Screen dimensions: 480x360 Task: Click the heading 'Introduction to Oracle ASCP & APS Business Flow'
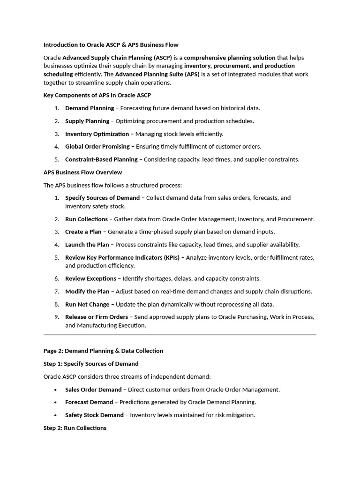click(111, 45)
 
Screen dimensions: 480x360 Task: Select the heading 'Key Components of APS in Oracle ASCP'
click(97, 95)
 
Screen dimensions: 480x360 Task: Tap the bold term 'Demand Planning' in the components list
click(89, 108)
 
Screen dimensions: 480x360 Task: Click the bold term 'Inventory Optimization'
click(97, 134)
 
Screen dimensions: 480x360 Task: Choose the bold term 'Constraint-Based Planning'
click(101, 159)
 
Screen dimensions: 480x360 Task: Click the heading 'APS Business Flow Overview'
click(82, 172)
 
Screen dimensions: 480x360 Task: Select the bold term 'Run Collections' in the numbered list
click(87, 219)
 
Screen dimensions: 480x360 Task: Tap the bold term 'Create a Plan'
click(83, 232)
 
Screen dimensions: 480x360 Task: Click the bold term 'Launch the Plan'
click(87, 245)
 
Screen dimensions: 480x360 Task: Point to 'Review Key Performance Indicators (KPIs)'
click(122, 257)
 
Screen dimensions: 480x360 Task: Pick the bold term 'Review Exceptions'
click(90, 278)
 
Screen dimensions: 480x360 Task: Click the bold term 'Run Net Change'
click(87, 304)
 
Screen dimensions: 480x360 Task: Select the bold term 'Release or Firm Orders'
click(96, 317)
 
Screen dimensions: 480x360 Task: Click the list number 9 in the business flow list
click(56, 317)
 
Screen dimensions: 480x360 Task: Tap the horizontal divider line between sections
click(180, 335)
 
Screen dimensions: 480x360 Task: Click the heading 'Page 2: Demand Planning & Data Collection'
click(103, 351)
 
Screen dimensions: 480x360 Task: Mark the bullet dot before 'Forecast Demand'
click(56, 402)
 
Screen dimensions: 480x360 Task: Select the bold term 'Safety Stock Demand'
click(94, 415)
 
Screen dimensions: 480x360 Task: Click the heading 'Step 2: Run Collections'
click(75, 428)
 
